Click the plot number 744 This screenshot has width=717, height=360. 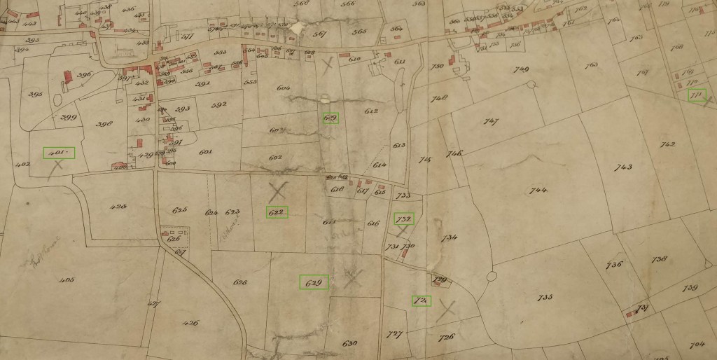(x=538, y=191)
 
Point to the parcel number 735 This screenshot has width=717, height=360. (x=545, y=298)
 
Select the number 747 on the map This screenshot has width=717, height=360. (x=491, y=122)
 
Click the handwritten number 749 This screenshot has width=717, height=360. (x=520, y=69)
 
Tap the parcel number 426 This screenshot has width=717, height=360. (x=190, y=323)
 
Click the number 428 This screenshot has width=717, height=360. (x=118, y=207)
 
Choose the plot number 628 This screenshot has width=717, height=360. (x=240, y=282)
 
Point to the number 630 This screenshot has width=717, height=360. (x=350, y=343)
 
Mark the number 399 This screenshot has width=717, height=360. (x=69, y=117)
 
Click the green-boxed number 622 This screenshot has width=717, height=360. (x=277, y=212)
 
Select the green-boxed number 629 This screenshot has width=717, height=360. (x=314, y=283)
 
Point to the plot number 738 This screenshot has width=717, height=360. (x=660, y=259)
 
